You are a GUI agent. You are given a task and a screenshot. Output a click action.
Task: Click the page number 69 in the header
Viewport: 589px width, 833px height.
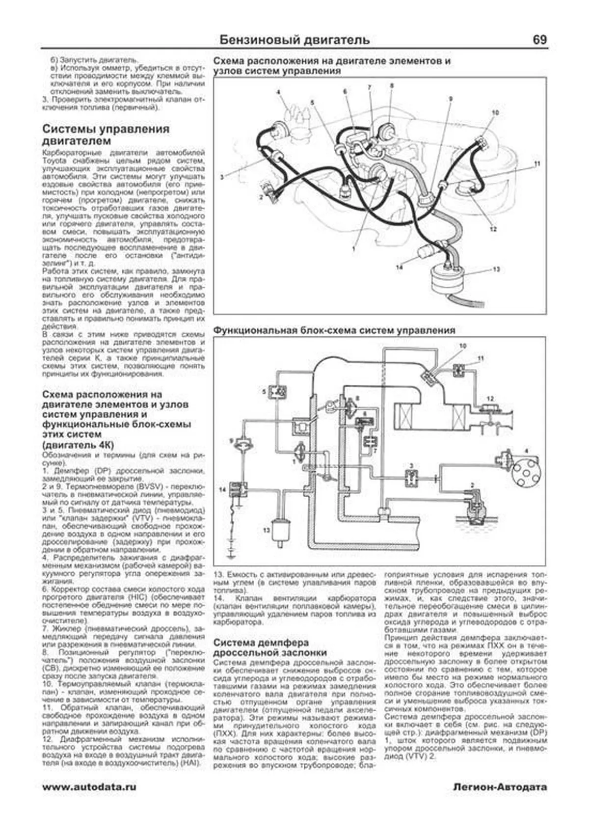(x=539, y=40)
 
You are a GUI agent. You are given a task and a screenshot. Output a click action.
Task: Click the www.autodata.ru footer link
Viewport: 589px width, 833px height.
(x=89, y=787)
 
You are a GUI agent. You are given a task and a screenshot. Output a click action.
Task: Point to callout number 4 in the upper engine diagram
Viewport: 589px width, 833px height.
(x=277, y=92)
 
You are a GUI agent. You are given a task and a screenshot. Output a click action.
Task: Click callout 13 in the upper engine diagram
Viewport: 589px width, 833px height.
(x=496, y=269)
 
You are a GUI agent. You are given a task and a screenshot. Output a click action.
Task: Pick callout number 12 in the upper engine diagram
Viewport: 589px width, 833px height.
(x=493, y=229)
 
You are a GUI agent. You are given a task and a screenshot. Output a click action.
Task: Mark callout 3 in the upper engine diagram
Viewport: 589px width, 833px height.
(x=222, y=177)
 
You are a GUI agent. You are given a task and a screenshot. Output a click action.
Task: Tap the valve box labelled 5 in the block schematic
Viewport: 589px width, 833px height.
(x=281, y=392)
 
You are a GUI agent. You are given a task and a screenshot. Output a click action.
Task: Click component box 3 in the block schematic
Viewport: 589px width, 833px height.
(x=411, y=477)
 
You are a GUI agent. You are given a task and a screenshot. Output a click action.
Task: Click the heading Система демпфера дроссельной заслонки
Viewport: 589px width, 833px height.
(x=269, y=647)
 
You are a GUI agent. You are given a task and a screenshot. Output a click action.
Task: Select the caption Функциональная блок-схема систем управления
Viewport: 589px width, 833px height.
(x=334, y=330)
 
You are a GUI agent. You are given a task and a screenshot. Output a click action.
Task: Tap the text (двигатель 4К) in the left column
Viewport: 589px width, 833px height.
(x=79, y=445)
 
